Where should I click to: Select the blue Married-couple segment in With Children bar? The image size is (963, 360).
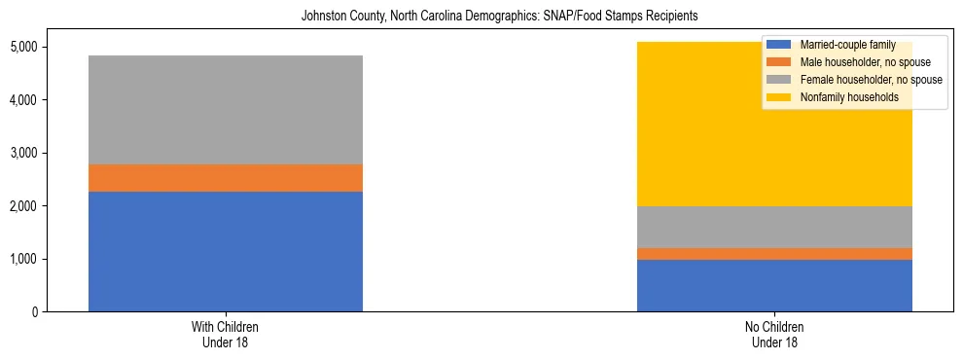click(x=226, y=251)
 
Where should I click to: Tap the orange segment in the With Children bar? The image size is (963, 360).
click(x=226, y=178)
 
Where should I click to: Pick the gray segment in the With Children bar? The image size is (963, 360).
click(x=226, y=110)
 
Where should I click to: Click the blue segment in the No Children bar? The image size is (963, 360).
click(x=774, y=285)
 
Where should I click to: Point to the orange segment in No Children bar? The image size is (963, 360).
click(x=774, y=254)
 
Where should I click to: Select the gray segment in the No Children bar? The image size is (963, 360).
click(x=774, y=227)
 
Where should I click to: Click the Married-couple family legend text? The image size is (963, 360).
click(x=842, y=45)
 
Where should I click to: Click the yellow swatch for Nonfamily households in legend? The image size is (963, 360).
click(x=778, y=97)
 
